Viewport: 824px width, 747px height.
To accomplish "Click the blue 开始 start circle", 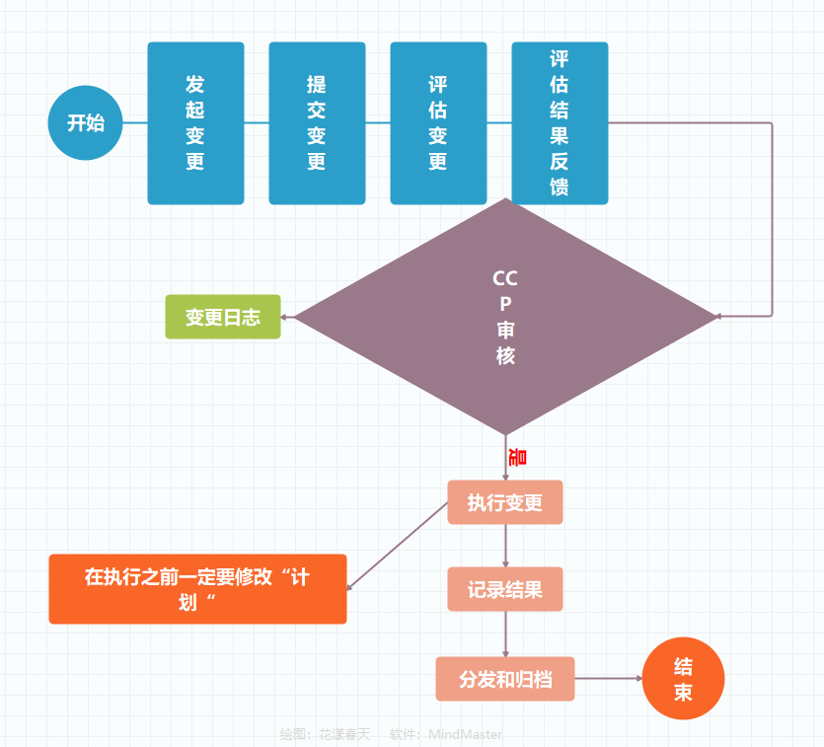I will (85, 123).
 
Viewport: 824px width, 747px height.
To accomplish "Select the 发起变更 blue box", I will (195, 123).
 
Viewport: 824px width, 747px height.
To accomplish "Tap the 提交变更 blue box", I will (317, 123).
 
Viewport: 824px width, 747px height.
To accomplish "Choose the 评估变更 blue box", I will (438, 123).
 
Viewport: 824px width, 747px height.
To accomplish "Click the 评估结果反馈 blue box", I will (560, 123).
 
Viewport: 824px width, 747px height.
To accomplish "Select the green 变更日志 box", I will (223, 317).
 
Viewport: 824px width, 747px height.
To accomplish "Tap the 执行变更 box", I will (505, 502).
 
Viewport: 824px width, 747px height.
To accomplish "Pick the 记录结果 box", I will (505, 589).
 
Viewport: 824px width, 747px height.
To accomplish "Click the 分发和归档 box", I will (505, 679).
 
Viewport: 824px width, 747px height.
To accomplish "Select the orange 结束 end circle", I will (683, 679).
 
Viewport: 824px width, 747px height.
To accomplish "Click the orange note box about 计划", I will (197, 589).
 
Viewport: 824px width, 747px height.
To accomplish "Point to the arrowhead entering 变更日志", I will (286, 317).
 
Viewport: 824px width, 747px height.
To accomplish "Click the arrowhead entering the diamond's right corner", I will (719, 317).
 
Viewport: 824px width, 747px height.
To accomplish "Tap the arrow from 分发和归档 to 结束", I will (607, 679).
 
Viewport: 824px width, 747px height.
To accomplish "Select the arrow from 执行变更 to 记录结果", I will (505, 546).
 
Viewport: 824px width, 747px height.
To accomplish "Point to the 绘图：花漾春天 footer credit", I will (325, 734).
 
